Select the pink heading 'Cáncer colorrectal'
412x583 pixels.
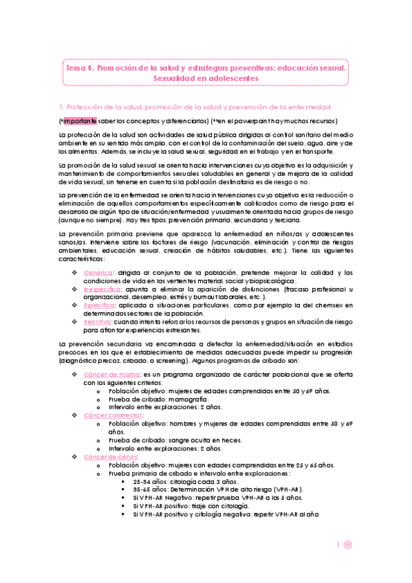113,415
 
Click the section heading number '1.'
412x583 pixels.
62,107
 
